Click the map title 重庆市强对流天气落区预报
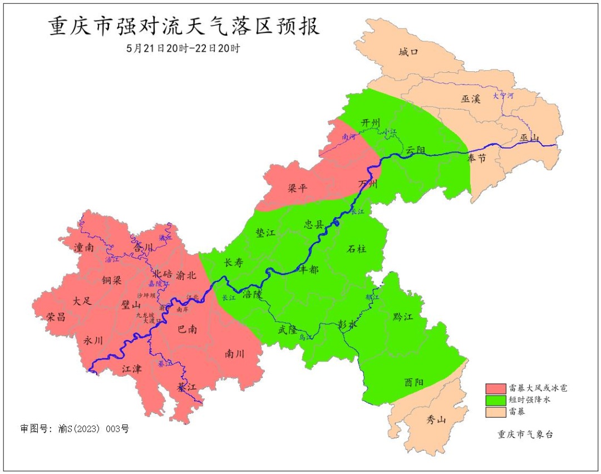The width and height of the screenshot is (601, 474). [184, 27]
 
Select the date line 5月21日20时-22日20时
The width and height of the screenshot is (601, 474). [183, 48]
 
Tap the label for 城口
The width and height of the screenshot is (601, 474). [408, 52]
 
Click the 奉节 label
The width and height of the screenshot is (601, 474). [476, 159]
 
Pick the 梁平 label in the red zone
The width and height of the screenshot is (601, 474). [297, 188]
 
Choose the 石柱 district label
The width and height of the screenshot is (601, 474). [356, 249]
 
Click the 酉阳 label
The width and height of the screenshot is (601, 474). [413, 382]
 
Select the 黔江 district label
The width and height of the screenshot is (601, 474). [403, 317]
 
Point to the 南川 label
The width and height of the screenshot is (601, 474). [235, 353]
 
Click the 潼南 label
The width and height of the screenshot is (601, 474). [83, 248]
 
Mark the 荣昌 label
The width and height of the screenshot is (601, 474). [56, 317]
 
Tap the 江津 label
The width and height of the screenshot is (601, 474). [132, 368]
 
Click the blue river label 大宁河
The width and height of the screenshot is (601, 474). [503, 96]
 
